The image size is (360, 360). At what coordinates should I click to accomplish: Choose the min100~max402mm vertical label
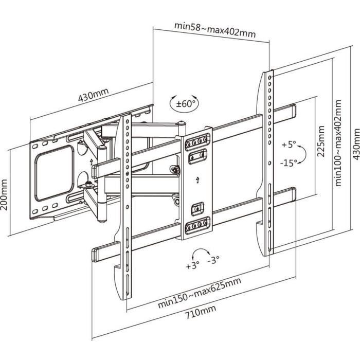pos(338,144)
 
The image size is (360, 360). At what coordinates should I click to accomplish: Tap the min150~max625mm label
pos(200,293)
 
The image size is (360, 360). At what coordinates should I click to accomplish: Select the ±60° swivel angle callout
pos(184,103)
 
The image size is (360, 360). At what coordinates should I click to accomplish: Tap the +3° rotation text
pos(192,266)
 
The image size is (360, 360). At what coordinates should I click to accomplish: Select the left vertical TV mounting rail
pos(125,206)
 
